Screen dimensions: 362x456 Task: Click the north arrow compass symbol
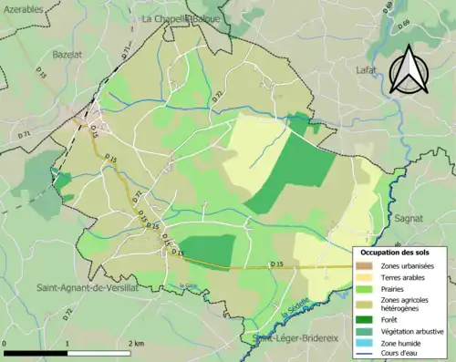[x=408, y=67]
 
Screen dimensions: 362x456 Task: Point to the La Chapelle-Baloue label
[x=180, y=17]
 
